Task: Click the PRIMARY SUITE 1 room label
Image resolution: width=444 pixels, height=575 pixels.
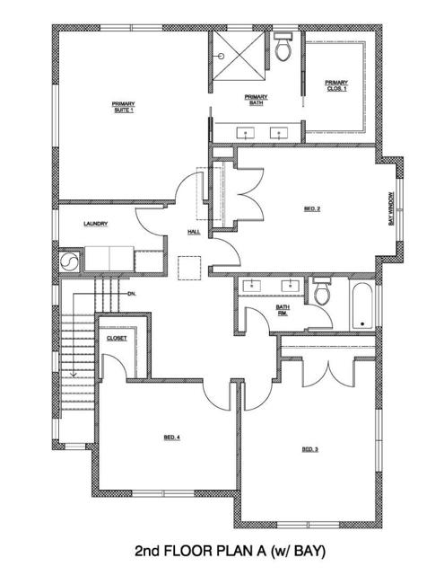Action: pos(123,107)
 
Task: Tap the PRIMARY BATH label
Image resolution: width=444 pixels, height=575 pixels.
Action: pos(257,100)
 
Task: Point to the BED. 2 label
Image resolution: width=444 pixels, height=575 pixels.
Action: pos(312,209)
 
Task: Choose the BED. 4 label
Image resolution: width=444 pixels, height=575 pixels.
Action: pos(172,438)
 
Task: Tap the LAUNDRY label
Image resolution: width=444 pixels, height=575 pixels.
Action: pos(96,224)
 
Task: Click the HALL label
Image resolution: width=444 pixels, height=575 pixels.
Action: pos(193,232)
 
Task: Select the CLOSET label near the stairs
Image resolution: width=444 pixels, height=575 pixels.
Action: pos(117,338)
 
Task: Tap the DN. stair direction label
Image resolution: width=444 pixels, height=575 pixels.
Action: pos(131,294)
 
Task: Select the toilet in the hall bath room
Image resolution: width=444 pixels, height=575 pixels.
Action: pos(321,293)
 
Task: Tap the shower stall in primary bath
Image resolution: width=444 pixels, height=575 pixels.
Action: pos(238,56)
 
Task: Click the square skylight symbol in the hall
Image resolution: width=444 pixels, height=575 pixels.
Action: pos(187,268)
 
